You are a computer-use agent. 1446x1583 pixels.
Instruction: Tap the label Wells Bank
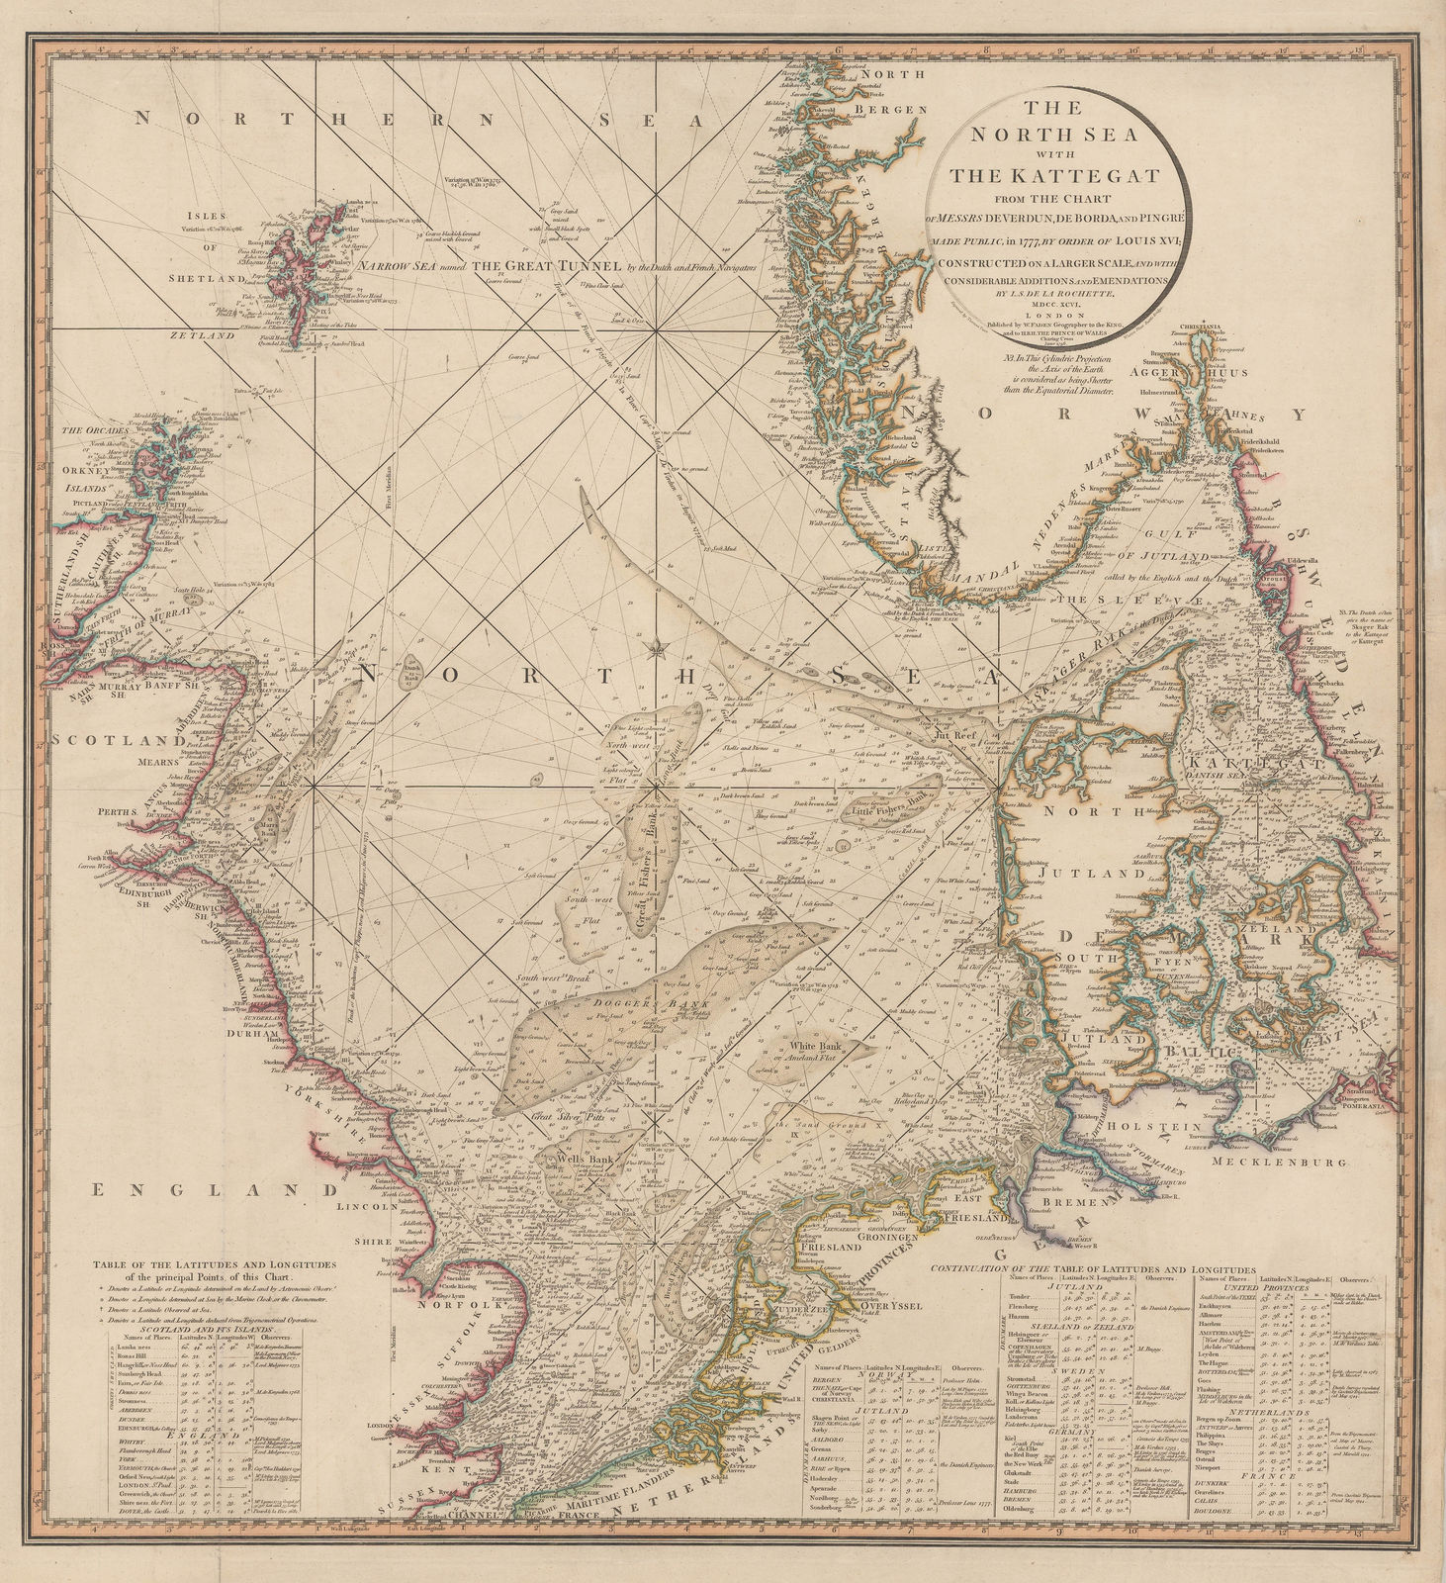(562, 1158)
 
